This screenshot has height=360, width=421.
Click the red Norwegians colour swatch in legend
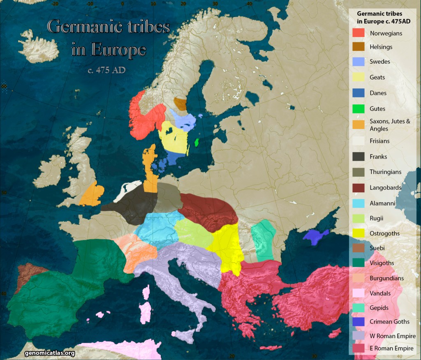pos(359,33)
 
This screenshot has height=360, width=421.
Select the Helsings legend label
pos(381,47)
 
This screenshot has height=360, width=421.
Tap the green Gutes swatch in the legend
pos(359,109)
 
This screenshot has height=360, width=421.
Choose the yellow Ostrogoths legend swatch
pos(359,233)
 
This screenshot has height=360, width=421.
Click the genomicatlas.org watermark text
pos(50,353)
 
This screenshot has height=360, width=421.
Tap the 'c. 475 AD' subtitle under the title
pos(106,70)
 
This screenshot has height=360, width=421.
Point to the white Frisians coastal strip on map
pos(128,191)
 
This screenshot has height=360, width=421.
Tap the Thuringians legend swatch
pos(359,172)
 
